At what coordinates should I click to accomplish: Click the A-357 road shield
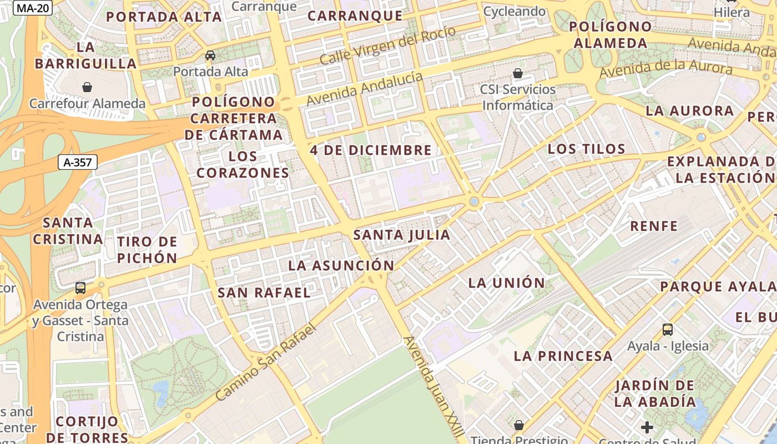point(78,162)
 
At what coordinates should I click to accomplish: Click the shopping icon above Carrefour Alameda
point(87,87)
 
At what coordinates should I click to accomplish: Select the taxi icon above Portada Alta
point(210,55)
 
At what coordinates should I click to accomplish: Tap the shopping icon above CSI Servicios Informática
point(518,73)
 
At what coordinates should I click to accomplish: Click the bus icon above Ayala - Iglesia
point(668,330)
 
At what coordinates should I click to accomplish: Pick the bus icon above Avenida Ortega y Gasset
point(80,287)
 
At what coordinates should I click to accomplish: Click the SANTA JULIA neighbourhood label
point(402,235)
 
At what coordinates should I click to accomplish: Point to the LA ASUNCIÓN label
point(341,266)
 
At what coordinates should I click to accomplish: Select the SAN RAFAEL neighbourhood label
point(264,292)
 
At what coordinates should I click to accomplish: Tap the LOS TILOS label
point(586,149)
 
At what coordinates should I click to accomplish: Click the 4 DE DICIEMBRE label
point(371,150)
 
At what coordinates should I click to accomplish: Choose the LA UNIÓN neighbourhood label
point(507,283)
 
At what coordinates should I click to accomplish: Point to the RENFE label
point(654,226)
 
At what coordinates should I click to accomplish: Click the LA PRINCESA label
point(563,356)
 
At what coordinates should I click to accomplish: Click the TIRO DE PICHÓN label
point(147,250)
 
